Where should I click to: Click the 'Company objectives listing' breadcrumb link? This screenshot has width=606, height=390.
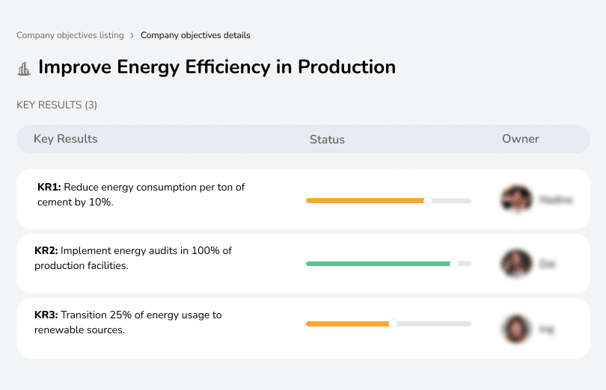[x=70, y=35]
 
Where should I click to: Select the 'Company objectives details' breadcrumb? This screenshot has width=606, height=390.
[x=195, y=35]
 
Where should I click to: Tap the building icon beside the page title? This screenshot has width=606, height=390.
[x=24, y=69]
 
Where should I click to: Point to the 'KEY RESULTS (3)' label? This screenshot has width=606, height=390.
[x=57, y=105]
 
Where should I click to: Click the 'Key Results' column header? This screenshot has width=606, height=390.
[x=65, y=139]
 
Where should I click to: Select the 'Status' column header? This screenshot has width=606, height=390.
[x=327, y=140]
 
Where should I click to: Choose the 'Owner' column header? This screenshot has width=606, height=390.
[x=521, y=139]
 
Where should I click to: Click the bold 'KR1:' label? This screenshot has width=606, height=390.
[x=49, y=188]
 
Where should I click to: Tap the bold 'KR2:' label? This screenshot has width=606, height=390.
[x=46, y=251]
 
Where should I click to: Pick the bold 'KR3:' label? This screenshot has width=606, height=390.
[x=46, y=315]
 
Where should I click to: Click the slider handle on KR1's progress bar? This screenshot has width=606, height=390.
[x=428, y=200]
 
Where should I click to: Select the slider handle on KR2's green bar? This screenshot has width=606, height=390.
[x=453, y=264]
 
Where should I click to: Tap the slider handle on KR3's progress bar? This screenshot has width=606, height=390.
[x=393, y=324]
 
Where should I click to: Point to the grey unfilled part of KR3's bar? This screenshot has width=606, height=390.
[x=434, y=324]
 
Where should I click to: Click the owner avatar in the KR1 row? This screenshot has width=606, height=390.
[x=516, y=199]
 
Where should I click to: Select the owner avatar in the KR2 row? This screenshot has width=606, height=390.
[x=516, y=264]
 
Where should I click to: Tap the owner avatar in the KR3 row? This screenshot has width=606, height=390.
[x=516, y=329]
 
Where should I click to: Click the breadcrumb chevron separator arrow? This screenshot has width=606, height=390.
[x=132, y=35]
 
